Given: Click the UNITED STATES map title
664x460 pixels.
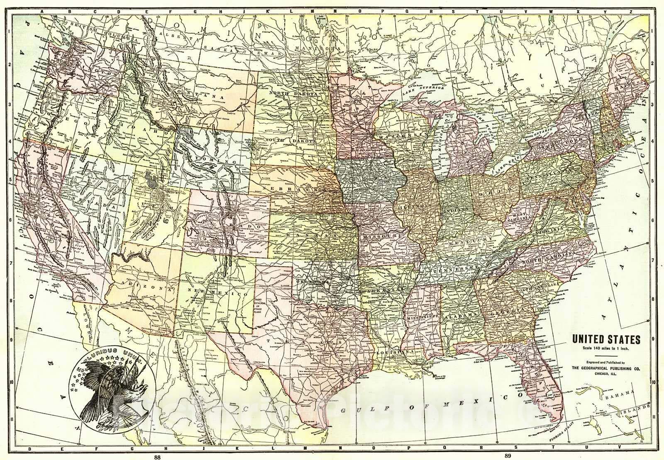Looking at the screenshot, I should click(606, 339).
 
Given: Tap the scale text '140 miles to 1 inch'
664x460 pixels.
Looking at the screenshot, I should click(606, 348).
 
